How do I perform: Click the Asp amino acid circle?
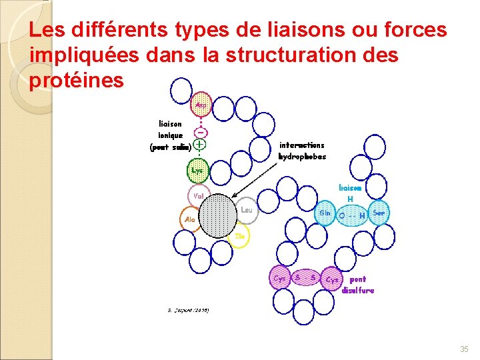click(199, 105)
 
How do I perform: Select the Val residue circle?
click(198, 197)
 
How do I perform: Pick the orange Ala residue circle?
click(190, 218)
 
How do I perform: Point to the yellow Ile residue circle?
click(241, 236)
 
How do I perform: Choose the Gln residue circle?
click(325, 213)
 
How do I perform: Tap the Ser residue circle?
click(379, 213)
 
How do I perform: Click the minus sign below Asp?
click(199, 131)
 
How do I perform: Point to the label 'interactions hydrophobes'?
click(302, 151)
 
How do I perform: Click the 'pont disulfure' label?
click(357, 285)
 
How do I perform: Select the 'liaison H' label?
click(350, 193)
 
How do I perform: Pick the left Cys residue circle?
click(279, 277)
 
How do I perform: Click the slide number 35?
click(464, 349)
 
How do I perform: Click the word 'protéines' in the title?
click(77, 81)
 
